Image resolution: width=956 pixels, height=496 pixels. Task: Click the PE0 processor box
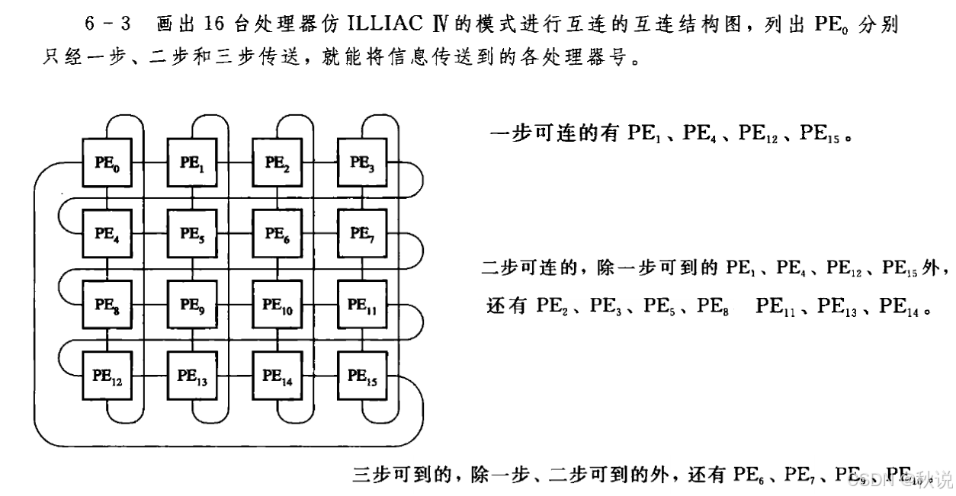tap(107, 162)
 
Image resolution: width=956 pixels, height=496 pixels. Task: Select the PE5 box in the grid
tap(192, 234)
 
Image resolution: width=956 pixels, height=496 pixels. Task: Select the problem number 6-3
tap(107, 24)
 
